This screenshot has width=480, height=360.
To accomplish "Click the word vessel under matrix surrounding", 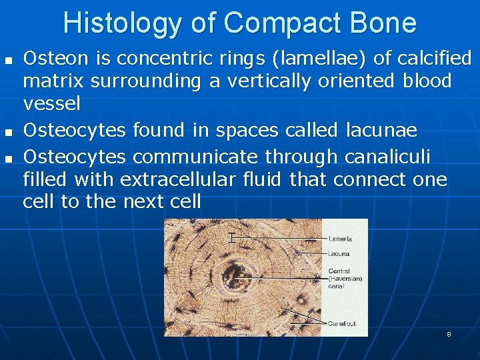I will click(51, 103).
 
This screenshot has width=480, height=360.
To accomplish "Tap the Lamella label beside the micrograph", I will click(340, 239).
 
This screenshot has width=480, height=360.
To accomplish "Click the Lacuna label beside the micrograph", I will click(339, 253).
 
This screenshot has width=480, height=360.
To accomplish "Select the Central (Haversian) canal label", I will click(345, 279).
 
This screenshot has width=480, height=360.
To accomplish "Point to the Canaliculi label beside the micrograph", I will click(342, 323).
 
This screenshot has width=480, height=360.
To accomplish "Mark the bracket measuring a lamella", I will click(231, 237).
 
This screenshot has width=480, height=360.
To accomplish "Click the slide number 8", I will click(449, 334).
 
